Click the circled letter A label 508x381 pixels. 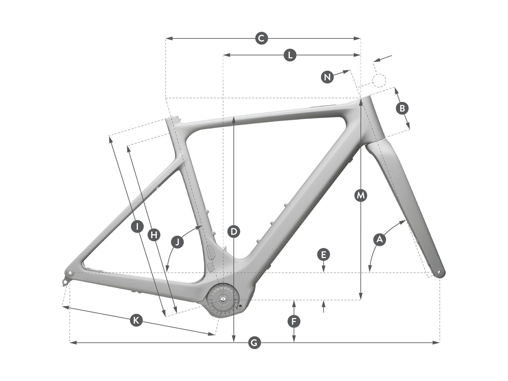click(x=379, y=239)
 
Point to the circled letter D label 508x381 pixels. click(x=234, y=232)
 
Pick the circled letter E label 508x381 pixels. click(x=323, y=255)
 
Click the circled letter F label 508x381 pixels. click(x=294, y=322)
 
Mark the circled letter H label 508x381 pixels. click(x=154, y=235)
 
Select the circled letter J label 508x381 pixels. click(x=177, y=242)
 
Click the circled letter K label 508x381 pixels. click(x=136, y=320)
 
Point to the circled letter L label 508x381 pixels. click(x=290, y=55)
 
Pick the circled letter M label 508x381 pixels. click(x=360, y=196)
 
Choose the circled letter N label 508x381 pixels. click(x=327, y=77)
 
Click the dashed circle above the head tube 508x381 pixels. click(x=379, y=80)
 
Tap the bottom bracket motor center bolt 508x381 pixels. click(x=223, y=299)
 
